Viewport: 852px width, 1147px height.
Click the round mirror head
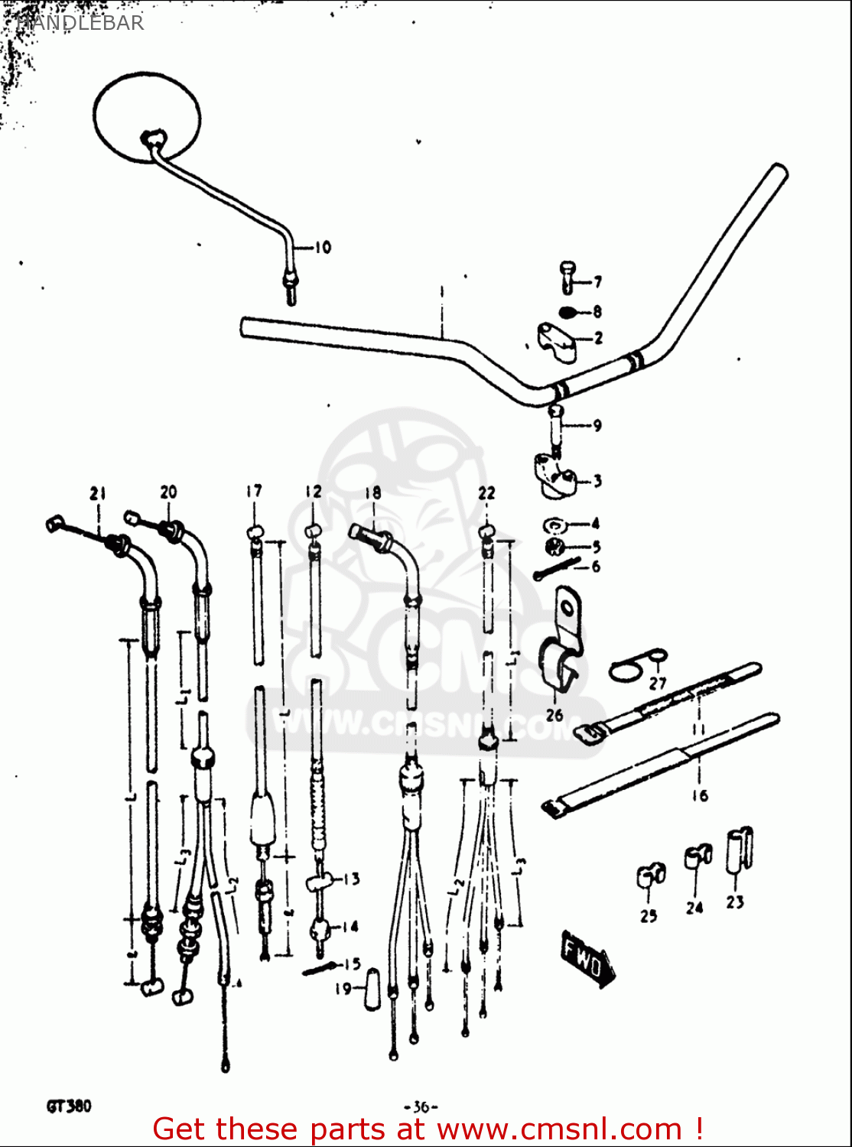point(147,117)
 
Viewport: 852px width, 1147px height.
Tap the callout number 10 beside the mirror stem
point(323,247)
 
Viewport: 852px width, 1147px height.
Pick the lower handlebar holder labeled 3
point(554,474)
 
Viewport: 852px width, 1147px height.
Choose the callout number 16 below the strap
point(700,795)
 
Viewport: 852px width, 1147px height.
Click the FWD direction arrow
point(586,958)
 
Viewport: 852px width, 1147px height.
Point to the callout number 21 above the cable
point(97,493)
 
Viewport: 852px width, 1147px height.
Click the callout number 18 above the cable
point(372,492)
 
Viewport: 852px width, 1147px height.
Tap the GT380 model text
point(69,1106)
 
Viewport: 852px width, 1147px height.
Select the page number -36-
point(421,1106)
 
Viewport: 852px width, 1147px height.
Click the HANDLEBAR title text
point(80,22)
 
